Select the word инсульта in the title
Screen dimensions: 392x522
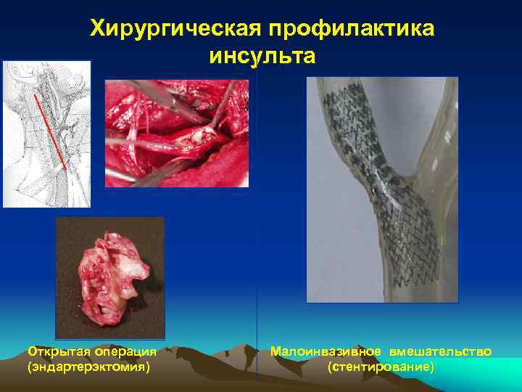pyautogui.click(x=262, y=55)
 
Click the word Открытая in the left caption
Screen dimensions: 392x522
pyautogui.click(x=58, y=352)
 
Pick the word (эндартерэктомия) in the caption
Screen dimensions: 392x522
pyautogui.click(x=89, y=367)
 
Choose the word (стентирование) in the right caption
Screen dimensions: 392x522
pyautogui.click(x=381, y=367)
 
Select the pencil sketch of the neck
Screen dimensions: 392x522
pyautogui.click(x=46, y=134)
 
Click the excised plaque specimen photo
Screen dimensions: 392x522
pyautogui.click(x=110, y=277)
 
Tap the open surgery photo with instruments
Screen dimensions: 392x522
pyautogui.click(x=177, y=134)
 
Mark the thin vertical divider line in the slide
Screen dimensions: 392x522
pyautogui.click(x=257, y=218)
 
